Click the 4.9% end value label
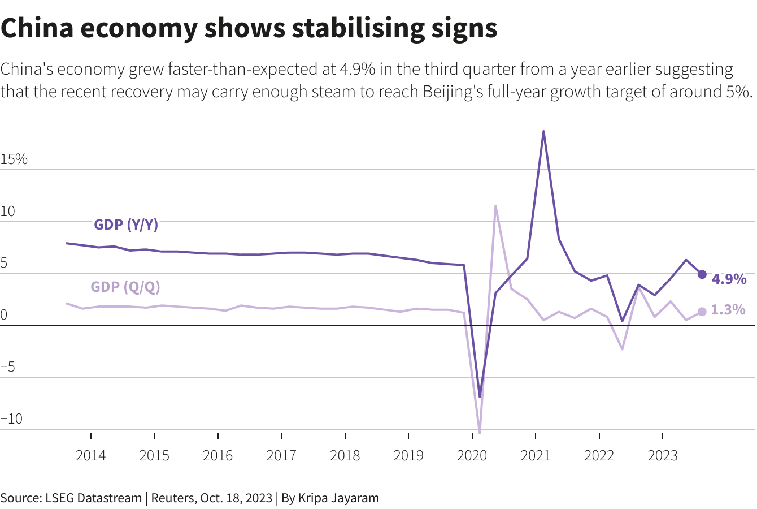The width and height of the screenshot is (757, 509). [x=729, y=279]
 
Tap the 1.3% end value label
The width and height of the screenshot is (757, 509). [x=728, y=310]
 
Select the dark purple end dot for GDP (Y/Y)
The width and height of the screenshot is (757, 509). [x=702, y=274]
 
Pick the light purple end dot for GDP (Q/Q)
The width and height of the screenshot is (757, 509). [x=702, y=312]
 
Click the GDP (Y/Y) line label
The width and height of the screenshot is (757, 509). [x=126, y=225]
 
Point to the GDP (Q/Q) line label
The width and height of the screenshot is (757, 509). [x=125, y=287]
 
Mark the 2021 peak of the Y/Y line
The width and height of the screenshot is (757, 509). [x=543, y=132]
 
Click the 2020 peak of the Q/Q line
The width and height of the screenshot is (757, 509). [x=495, y=206]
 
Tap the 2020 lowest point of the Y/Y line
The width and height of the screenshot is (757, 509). [x=480, y=396]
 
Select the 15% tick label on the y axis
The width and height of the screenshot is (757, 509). [x=14, y=159]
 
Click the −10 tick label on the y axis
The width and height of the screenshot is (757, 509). [x=12, y=419]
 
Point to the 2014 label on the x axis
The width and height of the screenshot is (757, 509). [x=90, y=456]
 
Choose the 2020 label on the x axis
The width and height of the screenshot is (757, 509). [x=472, y=456]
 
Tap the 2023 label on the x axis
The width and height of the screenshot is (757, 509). [x=662, y=456]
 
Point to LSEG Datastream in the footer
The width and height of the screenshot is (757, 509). [x=92, y=498]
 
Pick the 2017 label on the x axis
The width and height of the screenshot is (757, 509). [x=281, y=456]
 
